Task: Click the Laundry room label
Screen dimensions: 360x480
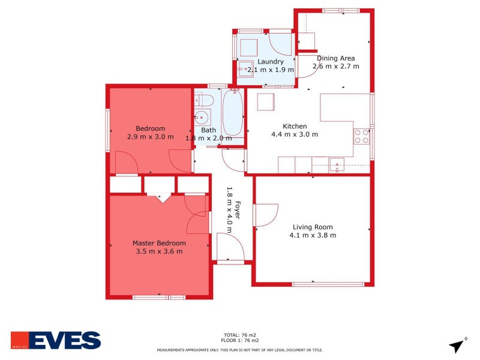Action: [x=270, y=62]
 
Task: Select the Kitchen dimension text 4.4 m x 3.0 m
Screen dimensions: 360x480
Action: [x=295, y=134]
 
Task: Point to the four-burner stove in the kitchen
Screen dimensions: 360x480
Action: [x=361, y=136]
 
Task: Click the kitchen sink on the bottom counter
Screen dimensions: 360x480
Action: [x=336, y=164]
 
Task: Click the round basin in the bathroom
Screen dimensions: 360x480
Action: [x=203, y=117]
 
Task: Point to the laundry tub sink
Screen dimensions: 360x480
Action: [x=246, y=70]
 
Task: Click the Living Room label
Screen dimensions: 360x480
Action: [x=313, y=227]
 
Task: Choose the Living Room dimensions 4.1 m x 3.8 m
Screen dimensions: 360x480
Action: [x=313, y=235]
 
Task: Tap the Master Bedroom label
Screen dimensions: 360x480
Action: [x=159, y=243]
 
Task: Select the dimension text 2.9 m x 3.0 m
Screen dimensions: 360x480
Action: [x=151, y=137]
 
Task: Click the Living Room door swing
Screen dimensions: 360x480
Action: [x=266, y=215]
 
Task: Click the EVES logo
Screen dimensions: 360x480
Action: [x=56, y=340]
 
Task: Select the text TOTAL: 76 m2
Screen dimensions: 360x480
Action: [x=240, y=335]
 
